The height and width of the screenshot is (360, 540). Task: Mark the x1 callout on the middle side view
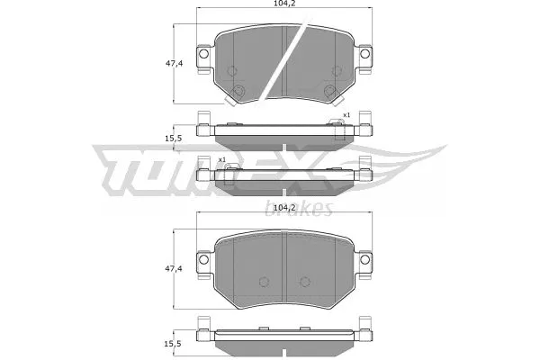click(221, 160)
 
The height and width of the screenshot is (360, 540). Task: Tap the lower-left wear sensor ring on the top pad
click(238, 91)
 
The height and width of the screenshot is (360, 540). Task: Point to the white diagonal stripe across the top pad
click(283, 63)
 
